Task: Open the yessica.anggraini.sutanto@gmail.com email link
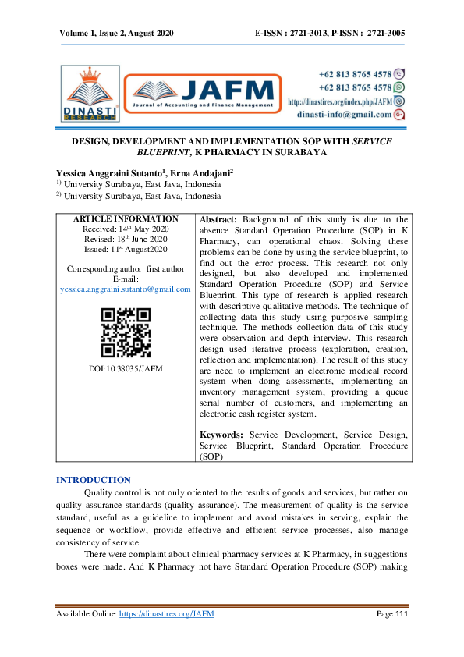tap(126, 289)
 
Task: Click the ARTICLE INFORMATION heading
tap(126, 219)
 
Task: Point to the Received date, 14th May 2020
tap(126, 229)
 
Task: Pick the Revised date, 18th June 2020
tap(126, 240)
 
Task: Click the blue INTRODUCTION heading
tap(94, 480)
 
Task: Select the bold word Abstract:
tap(224, 221)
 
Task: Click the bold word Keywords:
tap(225, 434)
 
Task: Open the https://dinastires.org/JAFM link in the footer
tap(166, 614)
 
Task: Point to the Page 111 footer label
tap(392, 614)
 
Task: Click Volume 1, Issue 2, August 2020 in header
tap(116, 34)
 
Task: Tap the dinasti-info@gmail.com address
tap(345, 114)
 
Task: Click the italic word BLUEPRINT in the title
tap(163, 153)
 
